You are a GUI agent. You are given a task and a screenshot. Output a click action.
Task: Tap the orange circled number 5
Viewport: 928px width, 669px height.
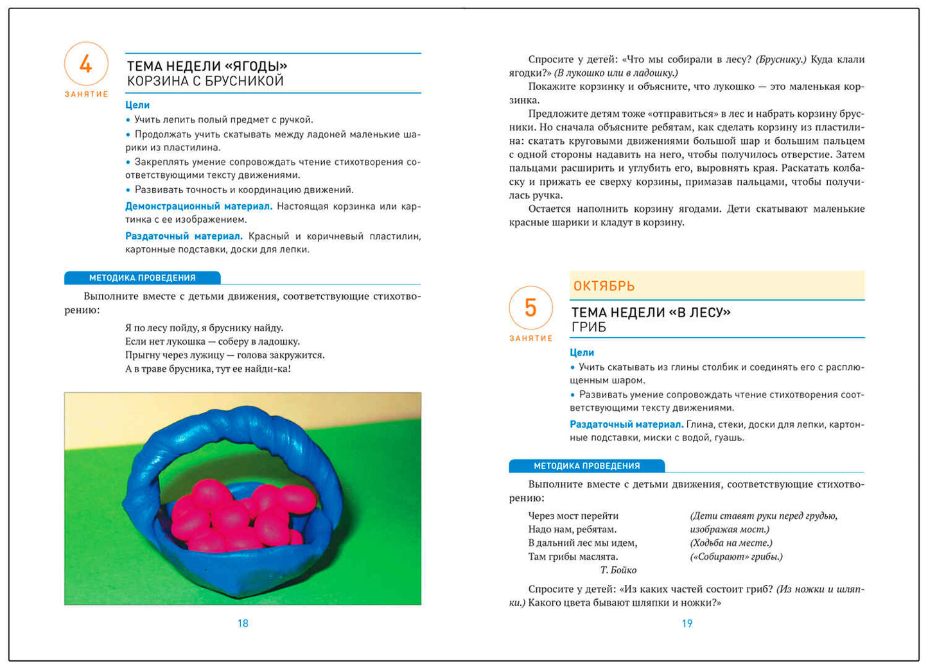click(x=530, y=308)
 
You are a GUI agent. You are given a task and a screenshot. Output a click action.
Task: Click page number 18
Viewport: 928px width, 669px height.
click(x=243, y=623)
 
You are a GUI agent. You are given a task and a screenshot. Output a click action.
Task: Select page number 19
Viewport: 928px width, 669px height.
click(x=687, y=623)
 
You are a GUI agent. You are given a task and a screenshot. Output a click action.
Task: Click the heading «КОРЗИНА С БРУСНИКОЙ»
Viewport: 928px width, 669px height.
click(x=206, y=82)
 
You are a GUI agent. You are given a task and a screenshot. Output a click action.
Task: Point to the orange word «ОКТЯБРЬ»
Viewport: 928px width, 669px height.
click(x=604, y=286)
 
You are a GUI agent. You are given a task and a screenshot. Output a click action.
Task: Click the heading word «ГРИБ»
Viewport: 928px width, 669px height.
click(x=589, y=327)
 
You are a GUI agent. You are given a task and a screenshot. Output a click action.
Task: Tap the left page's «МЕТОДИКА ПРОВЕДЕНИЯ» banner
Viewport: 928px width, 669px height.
click(x=142, y=278)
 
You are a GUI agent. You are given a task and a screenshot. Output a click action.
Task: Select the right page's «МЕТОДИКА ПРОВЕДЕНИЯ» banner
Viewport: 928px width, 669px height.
click(x=586, y=466)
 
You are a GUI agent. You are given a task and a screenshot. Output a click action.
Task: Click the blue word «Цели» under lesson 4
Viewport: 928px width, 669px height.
click(x=137, y=105)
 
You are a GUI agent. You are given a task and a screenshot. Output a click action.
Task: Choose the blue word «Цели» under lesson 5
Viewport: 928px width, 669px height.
click(x=582, y=352)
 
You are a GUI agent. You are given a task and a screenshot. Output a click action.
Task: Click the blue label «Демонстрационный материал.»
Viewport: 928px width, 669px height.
click(x=199, y=206)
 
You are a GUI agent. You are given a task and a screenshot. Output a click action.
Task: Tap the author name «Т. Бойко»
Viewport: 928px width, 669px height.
click(x=618, y=570)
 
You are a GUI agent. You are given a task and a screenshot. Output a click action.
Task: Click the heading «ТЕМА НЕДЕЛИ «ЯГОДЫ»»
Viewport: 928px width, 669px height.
click(x=207, y=66)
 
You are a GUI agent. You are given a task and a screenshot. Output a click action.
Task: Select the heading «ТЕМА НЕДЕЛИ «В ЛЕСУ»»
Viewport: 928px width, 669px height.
click(x=651, y=313)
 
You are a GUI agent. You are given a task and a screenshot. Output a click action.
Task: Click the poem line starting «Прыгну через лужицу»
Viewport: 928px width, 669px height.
click(x=225, y=355)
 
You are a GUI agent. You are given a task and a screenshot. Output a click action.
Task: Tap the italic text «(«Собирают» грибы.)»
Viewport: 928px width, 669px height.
click(x=737, y=557)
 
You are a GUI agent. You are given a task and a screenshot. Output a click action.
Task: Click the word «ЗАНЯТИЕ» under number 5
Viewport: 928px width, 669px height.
click(x=531, y=338)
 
